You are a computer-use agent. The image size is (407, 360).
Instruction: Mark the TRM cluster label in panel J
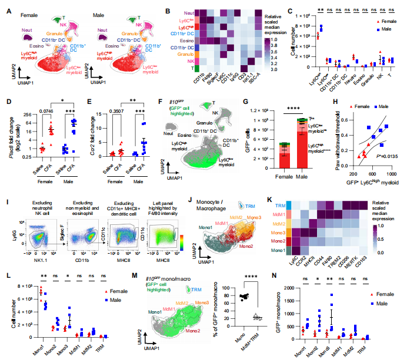246,205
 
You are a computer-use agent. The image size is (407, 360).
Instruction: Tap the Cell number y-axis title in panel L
11,309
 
